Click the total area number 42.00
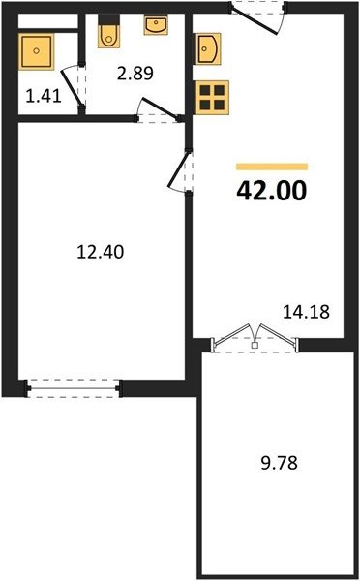[x=272, y=191]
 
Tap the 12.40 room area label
[x=100, y=253]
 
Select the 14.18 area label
[x=306, y=312]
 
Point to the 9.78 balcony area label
[x=280, y=463]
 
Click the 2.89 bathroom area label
[x=135, y=74]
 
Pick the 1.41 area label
[x=44, y=97]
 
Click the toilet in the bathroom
[x=108, y=32]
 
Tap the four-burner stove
[x=212, y=98]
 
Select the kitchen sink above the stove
[x=208, y=49]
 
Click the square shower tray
[x=36, y=51]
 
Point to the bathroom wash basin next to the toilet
[x=156, y=25]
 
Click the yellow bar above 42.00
[x=272, y=167]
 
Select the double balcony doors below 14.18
[x=255, y=338]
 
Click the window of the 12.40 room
[x=73, y=388]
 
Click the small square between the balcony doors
[x=255, y=346]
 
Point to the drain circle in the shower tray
[x=36, y=51]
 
